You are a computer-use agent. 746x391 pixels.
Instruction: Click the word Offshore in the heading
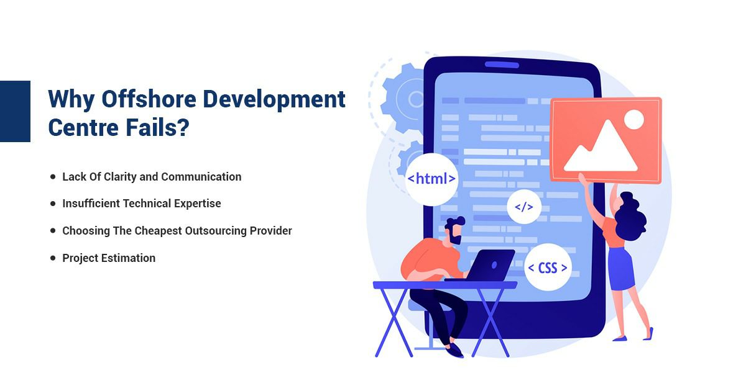pos(149,99)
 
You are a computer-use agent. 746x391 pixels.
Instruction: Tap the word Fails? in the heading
pos(157,128)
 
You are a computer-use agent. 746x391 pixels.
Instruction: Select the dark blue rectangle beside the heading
pos(15,111)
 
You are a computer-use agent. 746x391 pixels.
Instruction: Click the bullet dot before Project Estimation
pos(53,258)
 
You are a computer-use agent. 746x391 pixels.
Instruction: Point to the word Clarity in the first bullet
pos(120,177)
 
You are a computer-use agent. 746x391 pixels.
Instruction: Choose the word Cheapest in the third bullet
pos(158,231)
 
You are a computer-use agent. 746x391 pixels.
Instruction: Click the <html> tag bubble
pos(431,179)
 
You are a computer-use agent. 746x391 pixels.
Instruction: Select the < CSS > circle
pos(548,267)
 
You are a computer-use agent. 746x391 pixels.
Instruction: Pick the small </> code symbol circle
pos(524,207)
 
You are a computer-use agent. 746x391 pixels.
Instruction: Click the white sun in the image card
pos(633,120)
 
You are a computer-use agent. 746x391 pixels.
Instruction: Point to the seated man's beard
pos(454,237)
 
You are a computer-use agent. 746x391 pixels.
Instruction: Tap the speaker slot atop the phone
pos(502,65)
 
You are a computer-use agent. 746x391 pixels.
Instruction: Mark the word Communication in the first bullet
pos(201,177)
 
